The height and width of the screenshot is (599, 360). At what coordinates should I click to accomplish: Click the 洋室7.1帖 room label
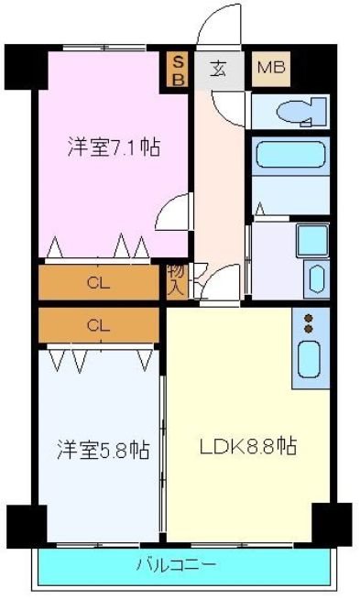pos(113,147)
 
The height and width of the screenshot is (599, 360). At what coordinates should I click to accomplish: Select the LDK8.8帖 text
pos(248,447)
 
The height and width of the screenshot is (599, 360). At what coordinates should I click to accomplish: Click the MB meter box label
pos(269,67)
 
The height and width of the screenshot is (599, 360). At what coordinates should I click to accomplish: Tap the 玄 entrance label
pos(220,67)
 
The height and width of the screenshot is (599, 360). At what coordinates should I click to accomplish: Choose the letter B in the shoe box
pos(179,80)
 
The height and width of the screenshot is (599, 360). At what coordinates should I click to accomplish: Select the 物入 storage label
pos(176,279)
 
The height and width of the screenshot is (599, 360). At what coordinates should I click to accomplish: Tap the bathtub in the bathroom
pos(290,154)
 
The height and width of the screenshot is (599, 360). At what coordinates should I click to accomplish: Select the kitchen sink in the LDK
pos(311,359)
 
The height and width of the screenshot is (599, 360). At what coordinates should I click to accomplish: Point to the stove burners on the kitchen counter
pos(310,323)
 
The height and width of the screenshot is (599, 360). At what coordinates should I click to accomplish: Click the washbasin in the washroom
pos(316,278)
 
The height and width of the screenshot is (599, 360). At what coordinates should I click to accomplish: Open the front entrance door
pos(218,27)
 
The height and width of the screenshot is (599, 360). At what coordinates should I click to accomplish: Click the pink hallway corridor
pos(218,183)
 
